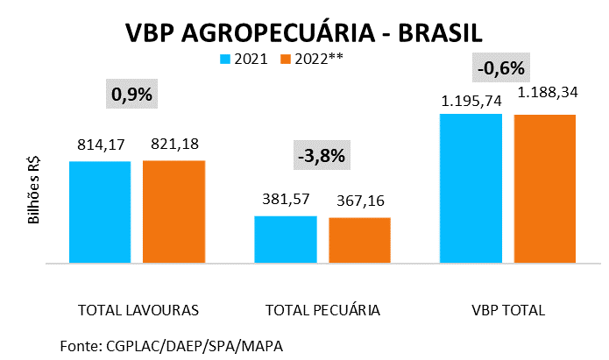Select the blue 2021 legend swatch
coord(225,60)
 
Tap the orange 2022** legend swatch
coord(285,60)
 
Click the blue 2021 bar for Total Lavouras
coord(100,211)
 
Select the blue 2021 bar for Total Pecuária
coord(286,238)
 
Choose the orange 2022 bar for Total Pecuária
coord(359,239)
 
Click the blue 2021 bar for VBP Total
coord(471,187)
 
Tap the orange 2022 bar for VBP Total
coord(545,188)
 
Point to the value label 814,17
coord(100,144)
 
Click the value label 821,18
coord(174,144)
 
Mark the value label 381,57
coord(286,199)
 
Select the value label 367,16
coord(360,201)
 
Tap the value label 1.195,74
coord(471,100)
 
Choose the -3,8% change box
coord(322,157)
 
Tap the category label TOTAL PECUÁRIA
coord(322,310)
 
